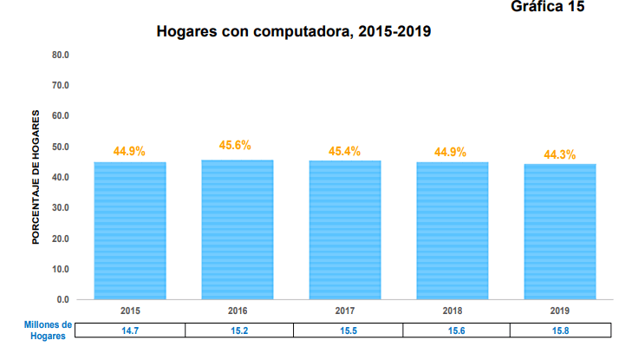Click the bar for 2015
[x=129, y=230]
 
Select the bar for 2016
[x=237, y=229]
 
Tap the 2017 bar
[x=345, y=229]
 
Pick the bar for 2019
[x=559, y=231]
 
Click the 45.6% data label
[x=235, y=146]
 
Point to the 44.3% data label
[x=560, y=154]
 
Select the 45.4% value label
[x=345, y=152]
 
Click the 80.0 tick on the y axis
[x=61, y=55]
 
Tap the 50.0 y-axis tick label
[x=61, y=147]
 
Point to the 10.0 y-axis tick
[x=61, y=269]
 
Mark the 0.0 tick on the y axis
[x=63, y=299]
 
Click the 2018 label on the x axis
[x=452, y=310]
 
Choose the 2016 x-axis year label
[x=238, y=310]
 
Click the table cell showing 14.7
[x=130, y=331]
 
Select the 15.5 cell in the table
[x=345, y=331]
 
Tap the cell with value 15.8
[x=560, y=331]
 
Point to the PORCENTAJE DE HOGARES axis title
[x=36, y=177]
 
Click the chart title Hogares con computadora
[x=294, y=33]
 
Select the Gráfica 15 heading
[x=548, y=8]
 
